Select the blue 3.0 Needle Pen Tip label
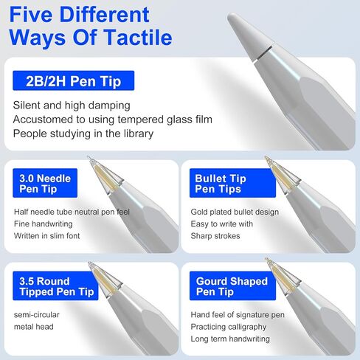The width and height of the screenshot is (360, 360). [x=45, y=184]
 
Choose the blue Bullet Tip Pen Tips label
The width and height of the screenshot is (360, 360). [x=229, y=184]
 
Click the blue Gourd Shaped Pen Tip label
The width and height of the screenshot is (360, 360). [x=230, y=287]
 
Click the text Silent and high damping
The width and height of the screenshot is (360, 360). [x=72, y=105]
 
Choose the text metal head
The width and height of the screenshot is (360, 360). [x=34, y=326]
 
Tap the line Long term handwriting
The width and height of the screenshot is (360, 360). [x=229, y=339]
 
